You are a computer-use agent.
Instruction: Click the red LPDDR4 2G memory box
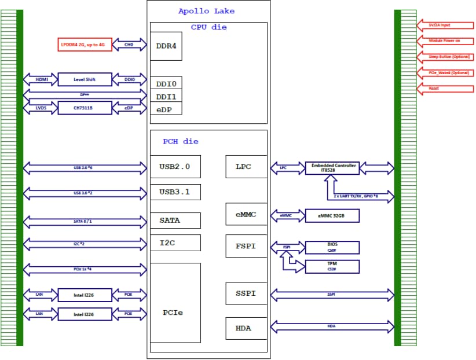[85, 45]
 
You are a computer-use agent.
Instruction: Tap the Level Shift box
[85, 79]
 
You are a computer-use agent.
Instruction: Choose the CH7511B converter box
[85, 108]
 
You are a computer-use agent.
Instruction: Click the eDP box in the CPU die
[166, 109]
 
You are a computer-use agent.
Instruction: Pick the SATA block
[175, 221]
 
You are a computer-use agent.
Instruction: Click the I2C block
[175, 243]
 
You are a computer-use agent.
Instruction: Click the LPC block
[243, 167]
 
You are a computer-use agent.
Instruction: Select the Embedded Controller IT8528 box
[331, 168]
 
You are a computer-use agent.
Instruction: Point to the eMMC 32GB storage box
[331, 215]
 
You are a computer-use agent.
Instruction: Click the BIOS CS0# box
[331, 247]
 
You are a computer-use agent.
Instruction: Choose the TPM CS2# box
[331, 266]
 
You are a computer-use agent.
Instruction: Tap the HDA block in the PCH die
[243, 328]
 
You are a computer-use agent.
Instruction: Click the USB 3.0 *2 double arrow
[85, 193]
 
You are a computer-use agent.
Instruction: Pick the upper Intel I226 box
[85, 295]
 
